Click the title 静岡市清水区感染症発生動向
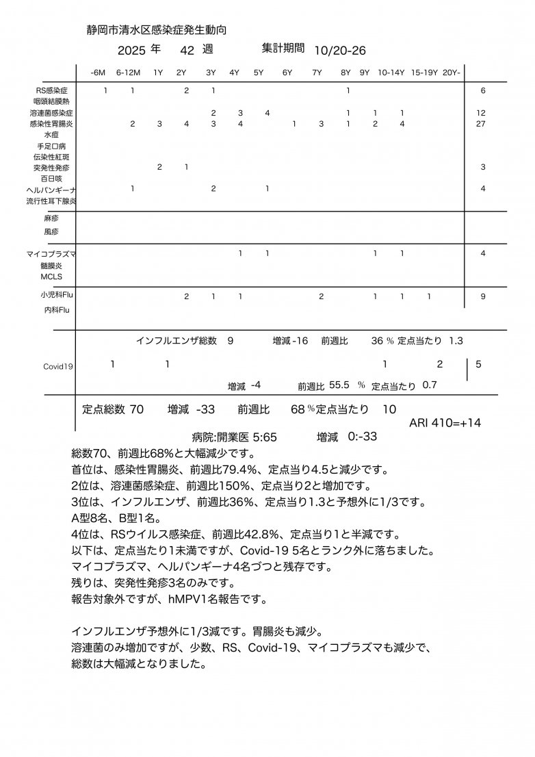click(x=157, y=31)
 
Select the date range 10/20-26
click(x=340, y=51)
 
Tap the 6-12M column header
click(x=128, y=72)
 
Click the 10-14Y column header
click(x=391, y=72)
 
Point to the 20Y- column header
click(x=452, y=72)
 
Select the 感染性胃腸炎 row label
click(x=51, y=124)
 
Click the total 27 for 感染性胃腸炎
click(x=482, y=124)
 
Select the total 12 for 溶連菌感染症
click(x=482, y=112)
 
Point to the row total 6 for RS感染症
click(x=483, y=90)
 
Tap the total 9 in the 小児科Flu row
click(x=483, y=296)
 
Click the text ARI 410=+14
click(x=445, y=423)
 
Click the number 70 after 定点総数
click(x=136, y=409)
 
